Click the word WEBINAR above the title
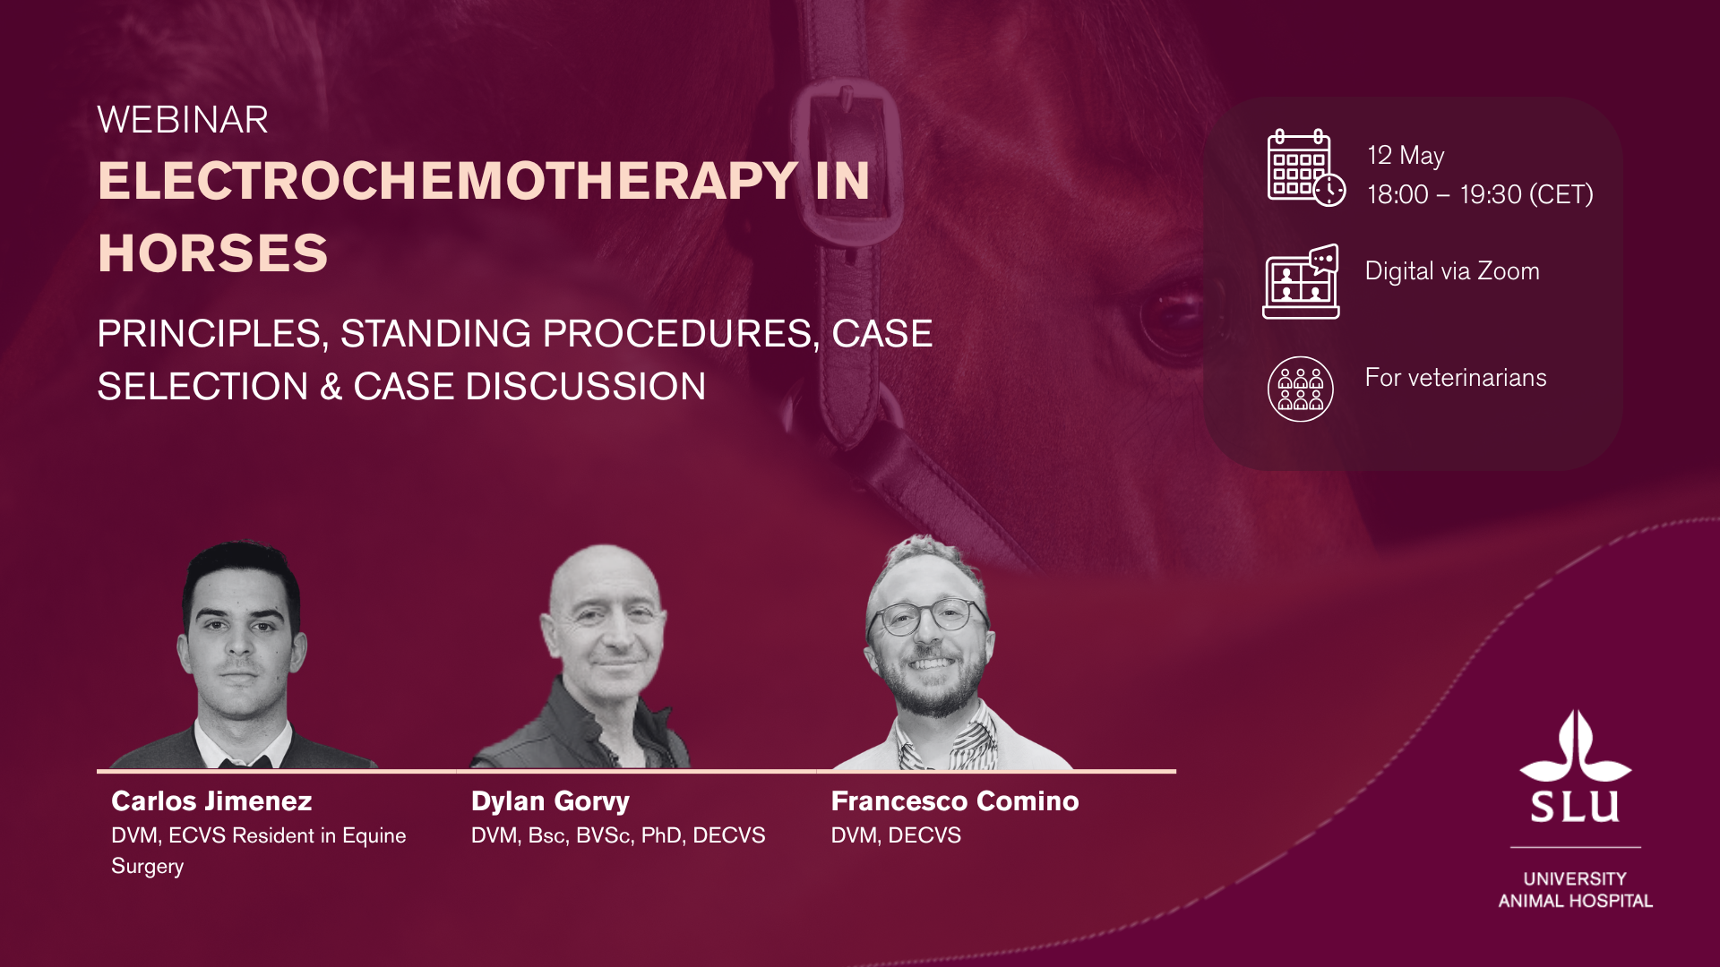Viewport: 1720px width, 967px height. point(183,120)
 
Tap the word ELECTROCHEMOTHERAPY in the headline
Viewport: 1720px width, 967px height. point(448,181)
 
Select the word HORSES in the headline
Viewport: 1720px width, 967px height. point(213,253)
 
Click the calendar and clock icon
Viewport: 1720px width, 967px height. point(1306,167)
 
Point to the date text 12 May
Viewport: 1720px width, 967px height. point(1406,156)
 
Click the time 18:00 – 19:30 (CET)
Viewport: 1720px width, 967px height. point(1480,194)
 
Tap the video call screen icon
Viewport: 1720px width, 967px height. point(1301,281)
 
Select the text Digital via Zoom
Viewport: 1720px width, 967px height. point(1452,271)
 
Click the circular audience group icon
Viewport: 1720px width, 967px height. point(1301,389)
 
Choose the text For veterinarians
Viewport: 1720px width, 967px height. point(1456,378)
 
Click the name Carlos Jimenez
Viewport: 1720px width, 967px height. point(211,800)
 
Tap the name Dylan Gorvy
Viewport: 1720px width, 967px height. point(550,801)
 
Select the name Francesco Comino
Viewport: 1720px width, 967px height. point(955,800)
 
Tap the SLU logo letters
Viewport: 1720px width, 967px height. point(1576,806)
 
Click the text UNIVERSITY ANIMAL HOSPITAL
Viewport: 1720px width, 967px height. point(1576,890)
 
